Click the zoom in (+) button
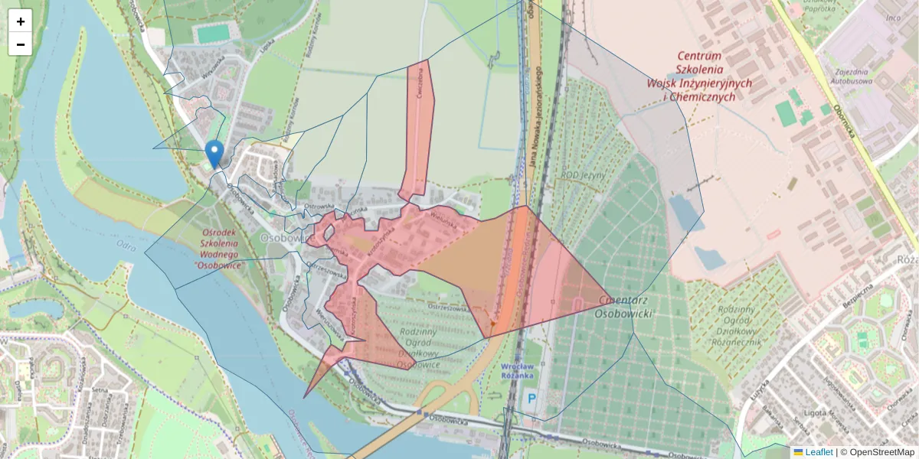point(20,21)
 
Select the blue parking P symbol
point(531,399)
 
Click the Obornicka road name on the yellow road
point(849,122)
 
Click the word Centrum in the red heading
point(699,57)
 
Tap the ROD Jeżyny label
point(583,175)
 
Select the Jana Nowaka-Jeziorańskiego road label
point(535,115)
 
